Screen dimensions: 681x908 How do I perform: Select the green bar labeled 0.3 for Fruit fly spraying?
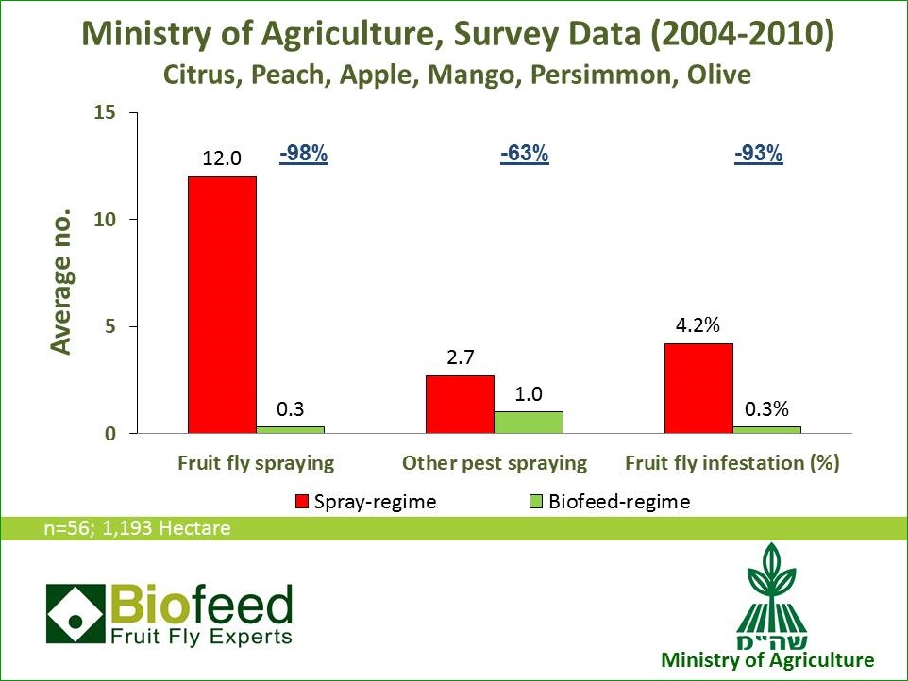[290, 430]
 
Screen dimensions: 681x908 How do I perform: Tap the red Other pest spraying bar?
[460, 405]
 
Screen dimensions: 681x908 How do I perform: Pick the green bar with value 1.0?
[529, 423]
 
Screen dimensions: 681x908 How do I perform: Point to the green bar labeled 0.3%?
[766, 430]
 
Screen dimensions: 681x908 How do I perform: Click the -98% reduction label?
[304, 155]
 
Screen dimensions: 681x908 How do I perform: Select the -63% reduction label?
[524, 155]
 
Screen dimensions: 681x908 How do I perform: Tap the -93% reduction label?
[759, 155]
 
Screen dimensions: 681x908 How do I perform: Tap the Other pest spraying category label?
[494, 463]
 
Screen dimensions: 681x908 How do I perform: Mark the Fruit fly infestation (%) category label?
[732, 463]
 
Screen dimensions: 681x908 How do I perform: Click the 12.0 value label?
[222, 160]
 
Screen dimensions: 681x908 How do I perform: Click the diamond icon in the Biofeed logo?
[75, 613]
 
